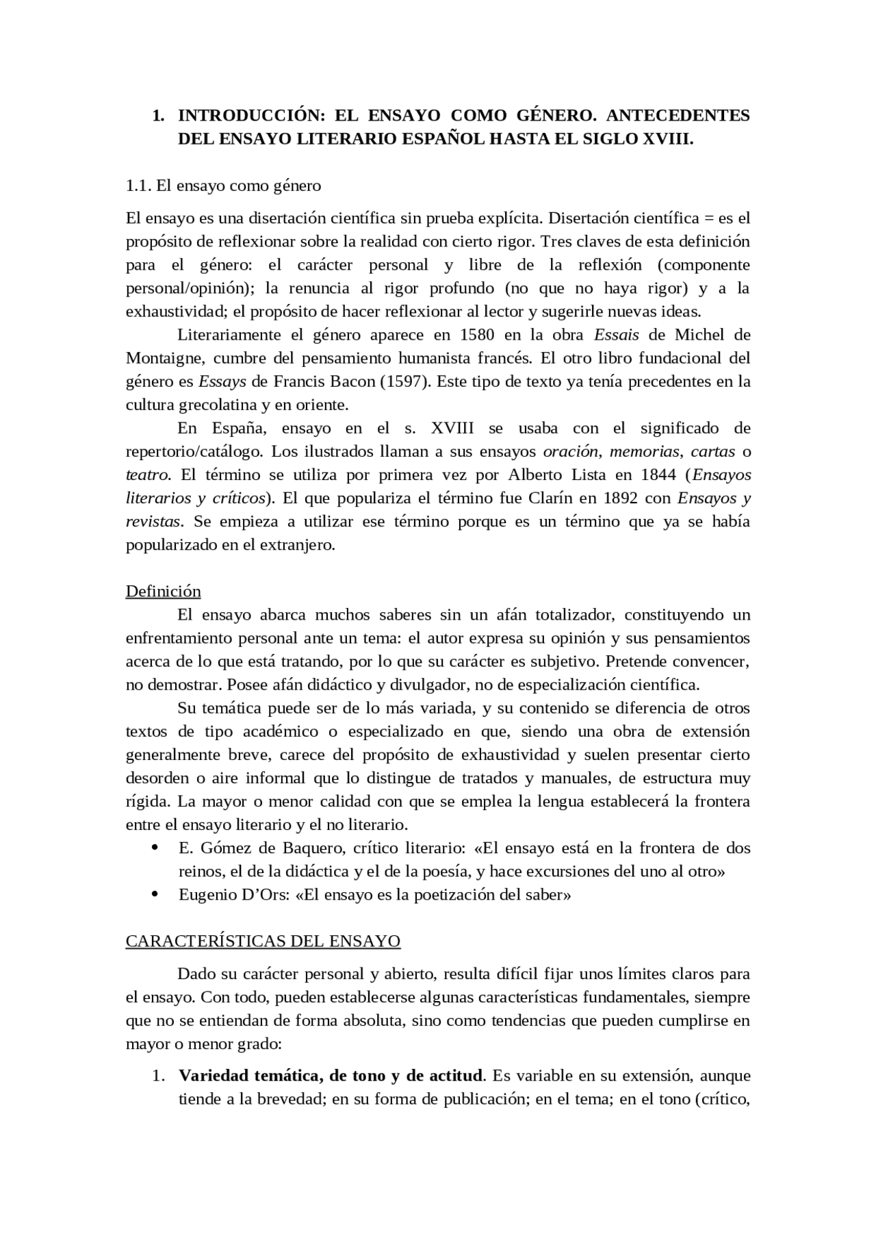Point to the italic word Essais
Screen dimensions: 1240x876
[616, 335]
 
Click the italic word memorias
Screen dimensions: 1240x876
[644, 452]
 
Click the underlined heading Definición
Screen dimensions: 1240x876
[163, 592]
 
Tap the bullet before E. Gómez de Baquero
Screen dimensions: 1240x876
[155, 848]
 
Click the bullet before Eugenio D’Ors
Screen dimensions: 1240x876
[155, 895]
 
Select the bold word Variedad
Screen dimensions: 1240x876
[213, 1076]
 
